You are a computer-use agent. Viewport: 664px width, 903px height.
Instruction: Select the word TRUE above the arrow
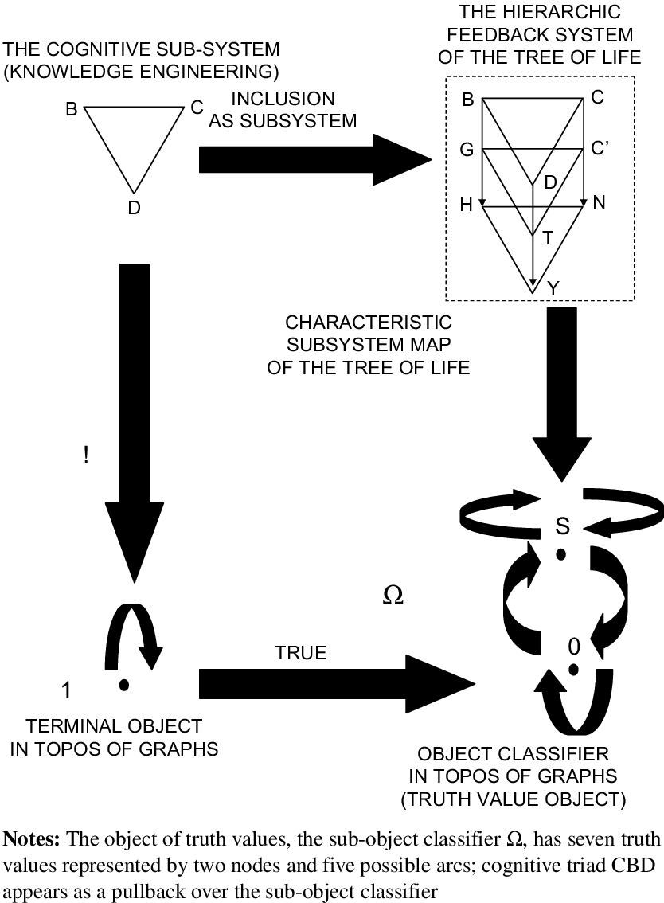[301, 653]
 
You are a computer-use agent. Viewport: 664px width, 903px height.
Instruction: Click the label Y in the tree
[553, 288]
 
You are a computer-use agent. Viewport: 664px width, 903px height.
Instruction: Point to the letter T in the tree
[547, 236]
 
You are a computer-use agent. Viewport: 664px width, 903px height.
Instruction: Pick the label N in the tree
[599, 202]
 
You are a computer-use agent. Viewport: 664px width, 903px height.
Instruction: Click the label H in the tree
[467, 205]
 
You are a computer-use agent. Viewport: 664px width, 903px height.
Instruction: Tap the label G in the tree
[467, 149]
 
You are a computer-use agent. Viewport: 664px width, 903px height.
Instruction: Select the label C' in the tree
[601, 149]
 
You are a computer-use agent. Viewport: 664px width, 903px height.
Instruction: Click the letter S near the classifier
[562, 526]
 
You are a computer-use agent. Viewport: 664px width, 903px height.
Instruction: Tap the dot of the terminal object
[123, 684]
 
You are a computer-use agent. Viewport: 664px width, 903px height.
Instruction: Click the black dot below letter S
[561, 554]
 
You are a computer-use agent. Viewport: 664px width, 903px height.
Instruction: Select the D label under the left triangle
[133, 209]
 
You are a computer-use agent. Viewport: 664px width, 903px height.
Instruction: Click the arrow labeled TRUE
[334, 682]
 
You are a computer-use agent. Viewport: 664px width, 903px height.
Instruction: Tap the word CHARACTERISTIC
[369, 323]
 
